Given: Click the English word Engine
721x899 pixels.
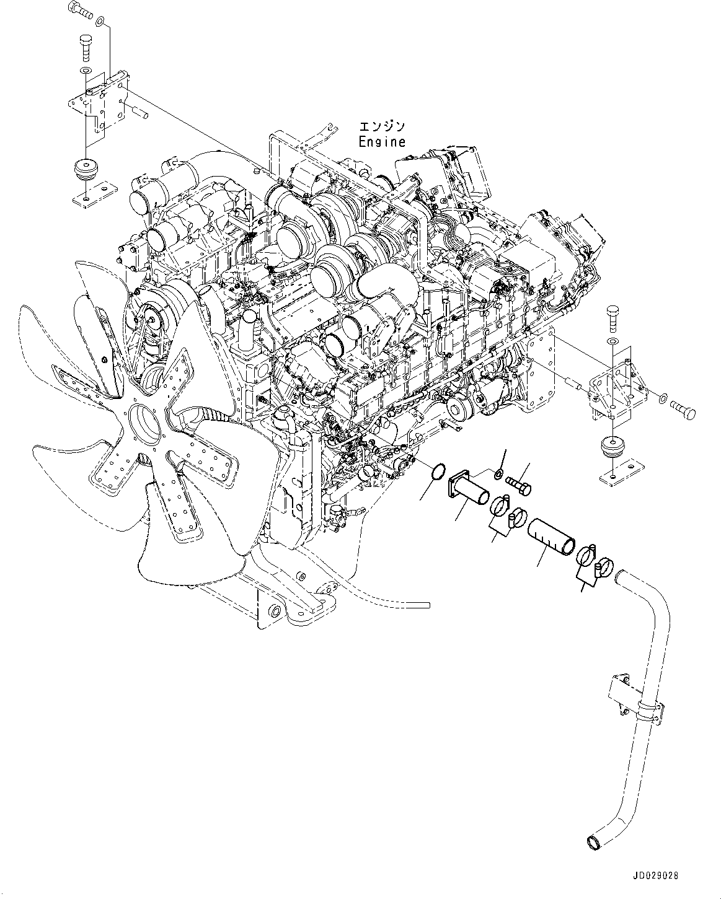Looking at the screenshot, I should (382, 141).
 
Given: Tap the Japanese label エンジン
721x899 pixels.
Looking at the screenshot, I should (382, 126).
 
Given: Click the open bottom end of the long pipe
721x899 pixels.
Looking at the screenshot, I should (593, 843).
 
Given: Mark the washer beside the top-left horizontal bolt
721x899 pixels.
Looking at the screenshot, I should (100, 23).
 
